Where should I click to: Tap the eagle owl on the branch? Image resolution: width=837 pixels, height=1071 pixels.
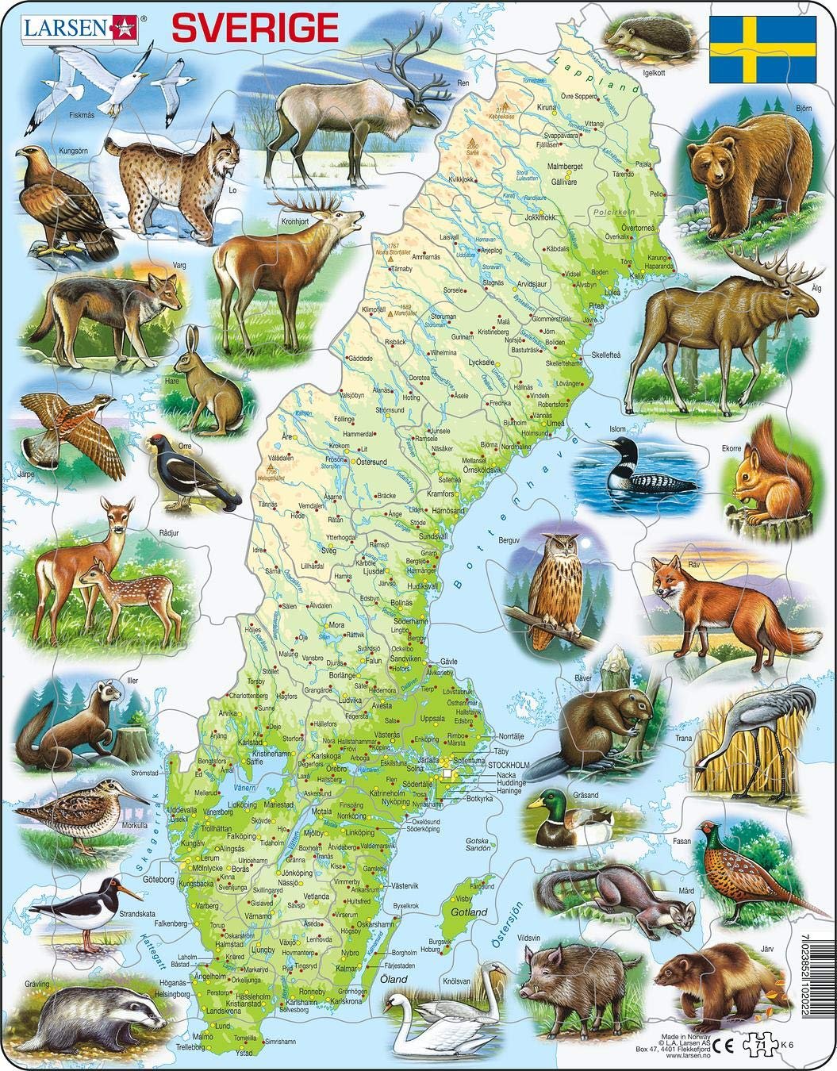pos(555,586)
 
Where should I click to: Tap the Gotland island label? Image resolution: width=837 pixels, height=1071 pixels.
pos(469,913)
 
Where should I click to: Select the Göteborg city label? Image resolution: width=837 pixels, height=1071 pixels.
pos(159,880)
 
